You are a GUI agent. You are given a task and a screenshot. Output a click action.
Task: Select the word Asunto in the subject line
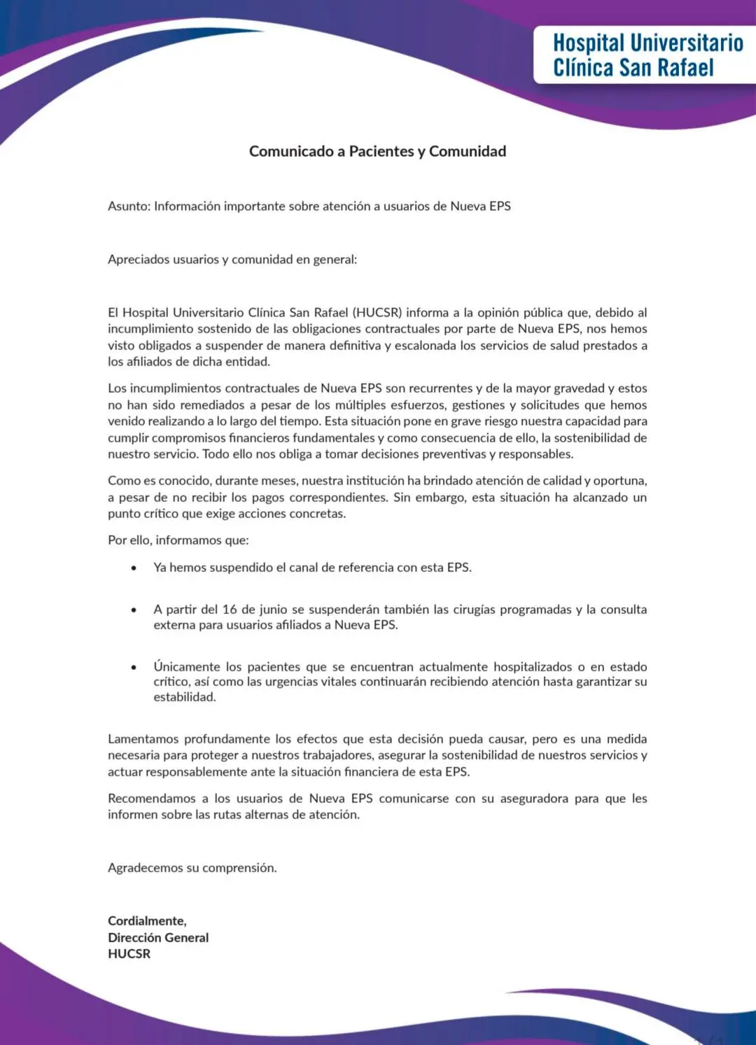click(128, 206)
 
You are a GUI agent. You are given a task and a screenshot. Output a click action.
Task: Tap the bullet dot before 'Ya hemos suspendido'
click(134, 568)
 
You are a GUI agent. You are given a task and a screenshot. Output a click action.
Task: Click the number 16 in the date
click(230, 610)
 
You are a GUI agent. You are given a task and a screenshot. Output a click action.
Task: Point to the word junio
click(273, 610)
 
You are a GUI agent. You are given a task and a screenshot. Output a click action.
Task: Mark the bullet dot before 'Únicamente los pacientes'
click(134, 667)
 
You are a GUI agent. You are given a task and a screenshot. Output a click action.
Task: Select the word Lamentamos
click(143, 739)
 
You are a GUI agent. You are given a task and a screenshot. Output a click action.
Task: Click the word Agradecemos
click(145, 868)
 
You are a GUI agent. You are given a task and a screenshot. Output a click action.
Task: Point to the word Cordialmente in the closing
click(147, 921)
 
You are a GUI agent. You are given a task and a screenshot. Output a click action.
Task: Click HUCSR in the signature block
click(129, 954)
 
